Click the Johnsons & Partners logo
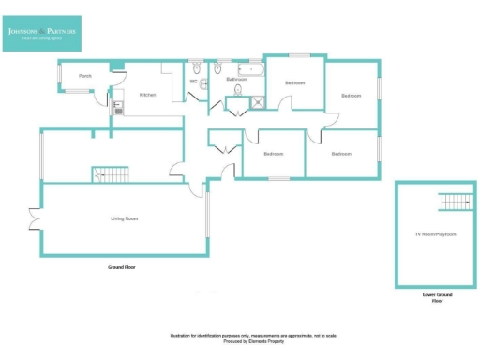click(42, 34)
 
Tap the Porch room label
click(84, 75)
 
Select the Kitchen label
click(147, 95)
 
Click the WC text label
click(193, 82)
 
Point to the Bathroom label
click(237, 79)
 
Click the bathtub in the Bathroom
click(251, 69)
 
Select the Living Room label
click(125, 218)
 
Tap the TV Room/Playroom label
click(436, 233)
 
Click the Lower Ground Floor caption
click(437, 298)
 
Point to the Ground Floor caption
click(124, 266)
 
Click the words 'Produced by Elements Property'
click(253, 340)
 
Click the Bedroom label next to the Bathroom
click(295, 83)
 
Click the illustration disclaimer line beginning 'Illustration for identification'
click(253, 335)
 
